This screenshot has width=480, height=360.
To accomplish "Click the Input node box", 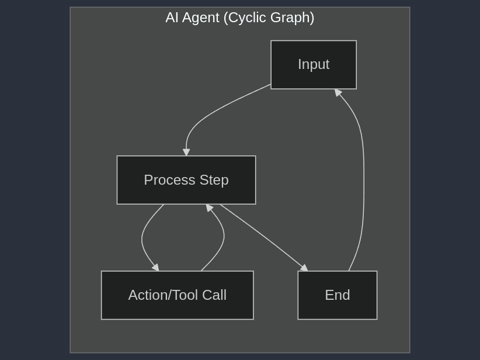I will [314, 65].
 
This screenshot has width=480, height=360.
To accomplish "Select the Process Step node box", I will [186, 180].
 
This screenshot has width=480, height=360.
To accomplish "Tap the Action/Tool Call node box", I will [177, 295].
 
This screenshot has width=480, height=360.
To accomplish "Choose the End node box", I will [338, 295].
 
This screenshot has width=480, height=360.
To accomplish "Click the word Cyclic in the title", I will [249, 18].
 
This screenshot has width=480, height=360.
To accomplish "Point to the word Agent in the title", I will [201, 18].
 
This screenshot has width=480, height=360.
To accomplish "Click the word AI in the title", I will [172, 18].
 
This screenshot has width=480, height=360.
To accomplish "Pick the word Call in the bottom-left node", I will [213, 295].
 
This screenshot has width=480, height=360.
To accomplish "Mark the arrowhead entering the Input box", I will [338, 92].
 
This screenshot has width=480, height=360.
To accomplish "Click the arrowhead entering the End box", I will [304, 268].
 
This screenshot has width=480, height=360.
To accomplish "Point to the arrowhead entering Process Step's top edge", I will [186, 153].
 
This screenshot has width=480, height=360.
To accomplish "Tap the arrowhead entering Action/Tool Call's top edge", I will [156, 268].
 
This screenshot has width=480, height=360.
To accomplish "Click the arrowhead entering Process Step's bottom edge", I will [209, 207].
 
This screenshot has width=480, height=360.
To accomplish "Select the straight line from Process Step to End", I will [263, 237].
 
